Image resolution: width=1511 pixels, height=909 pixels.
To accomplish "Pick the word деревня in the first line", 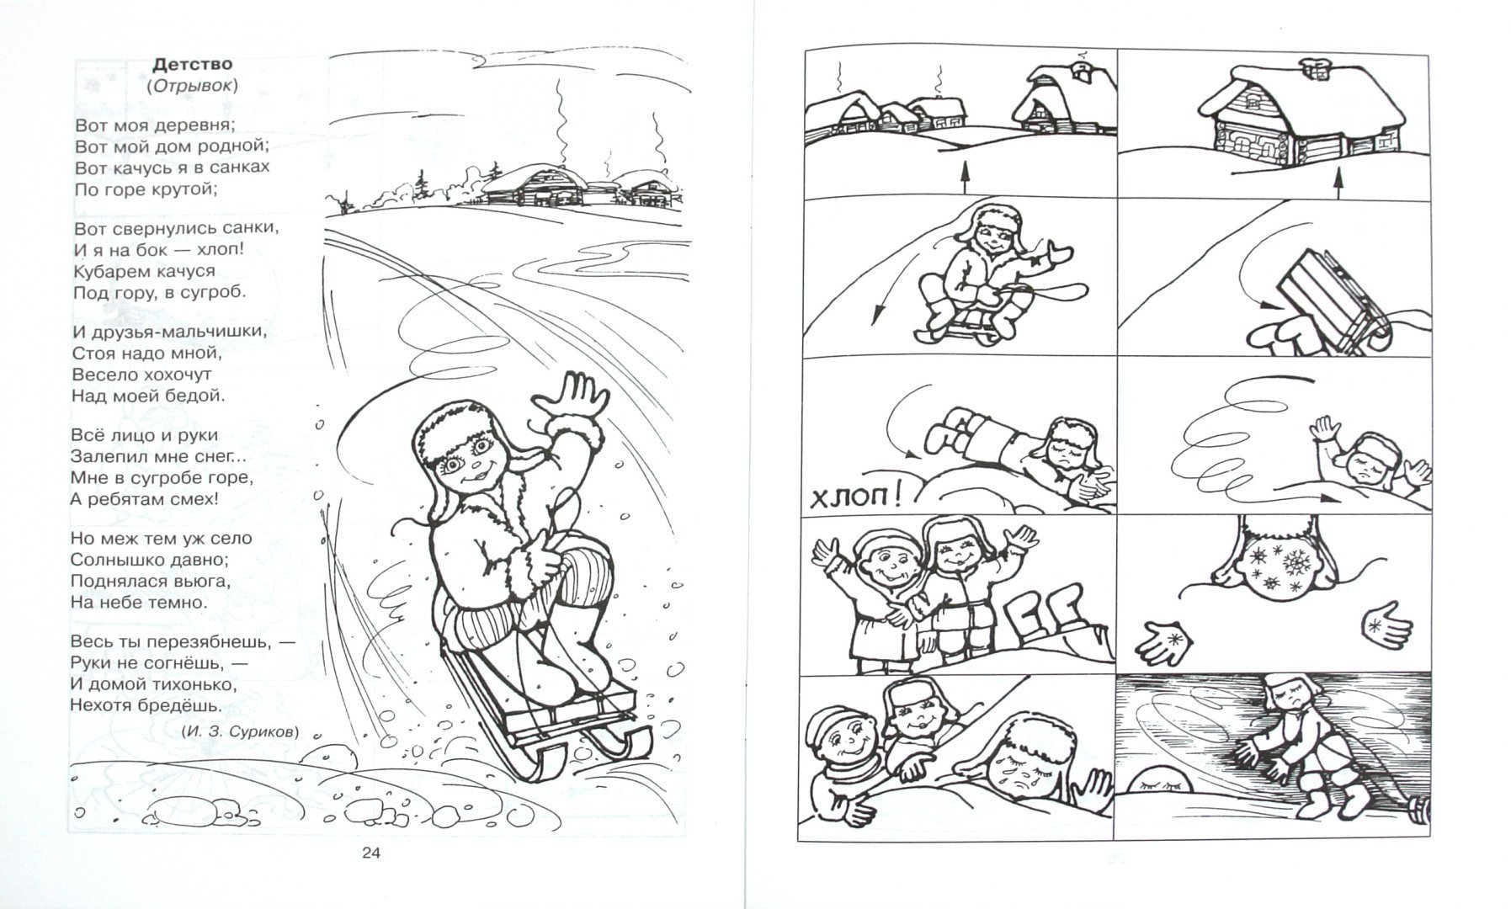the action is [190, 125].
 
